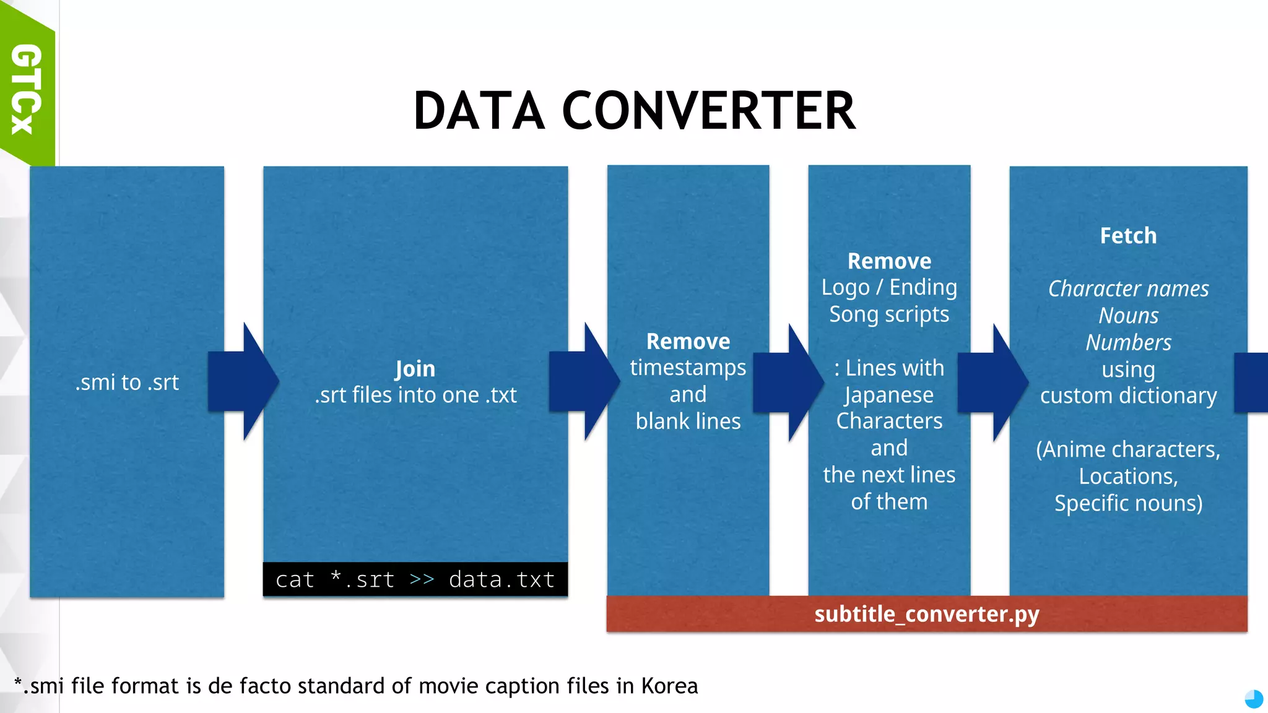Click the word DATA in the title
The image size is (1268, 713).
coord(479,111)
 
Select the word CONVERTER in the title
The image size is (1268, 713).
coord(709,111)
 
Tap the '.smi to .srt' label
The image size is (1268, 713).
coord(127,382)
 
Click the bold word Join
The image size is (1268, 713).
coord(415,369)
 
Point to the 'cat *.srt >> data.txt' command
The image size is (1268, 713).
coord(415,580)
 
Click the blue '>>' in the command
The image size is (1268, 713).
coord(422,580)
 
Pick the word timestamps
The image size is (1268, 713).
coord(688,368)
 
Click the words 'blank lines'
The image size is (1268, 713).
coord(688,421)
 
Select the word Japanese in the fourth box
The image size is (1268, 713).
coord(889,395)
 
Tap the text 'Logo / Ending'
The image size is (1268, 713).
coord(889,287)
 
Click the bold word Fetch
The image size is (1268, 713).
coord(1128,236)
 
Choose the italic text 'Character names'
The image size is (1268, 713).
coord(1128,289)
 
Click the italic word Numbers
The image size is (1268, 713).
coord(1128,342)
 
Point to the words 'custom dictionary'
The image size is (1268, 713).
coord(1128,396)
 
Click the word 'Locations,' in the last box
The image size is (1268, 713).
coord(1128,477)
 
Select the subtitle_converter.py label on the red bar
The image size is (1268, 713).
coord(926,614)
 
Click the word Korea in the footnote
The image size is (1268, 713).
coord(669,686)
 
